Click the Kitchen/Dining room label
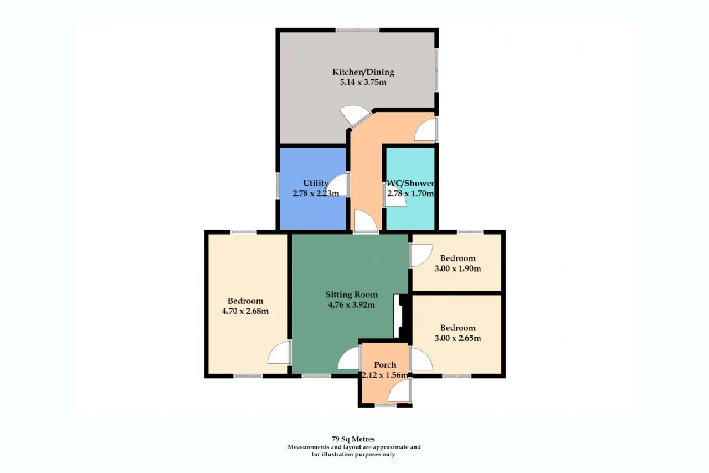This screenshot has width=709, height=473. [363, 72]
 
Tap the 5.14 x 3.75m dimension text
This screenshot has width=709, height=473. [363, 83]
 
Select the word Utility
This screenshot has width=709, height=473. [316, 184]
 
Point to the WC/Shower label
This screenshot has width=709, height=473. [410, 183]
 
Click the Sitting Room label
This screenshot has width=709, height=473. [352, 295]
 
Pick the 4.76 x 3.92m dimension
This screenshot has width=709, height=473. [352, 305]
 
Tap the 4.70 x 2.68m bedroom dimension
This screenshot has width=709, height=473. [245, 311]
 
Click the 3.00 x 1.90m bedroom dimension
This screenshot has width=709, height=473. [458, 268]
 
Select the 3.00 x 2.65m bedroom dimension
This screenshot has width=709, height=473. [458, 338]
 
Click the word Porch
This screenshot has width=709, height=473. [385, 365]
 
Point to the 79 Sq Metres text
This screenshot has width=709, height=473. [353, 439]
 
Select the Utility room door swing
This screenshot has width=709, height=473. [338, 185]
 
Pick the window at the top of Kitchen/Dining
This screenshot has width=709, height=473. [357, 30]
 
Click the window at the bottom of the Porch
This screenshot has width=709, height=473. [386, 405]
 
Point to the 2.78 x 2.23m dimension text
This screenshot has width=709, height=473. [316, 194]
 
